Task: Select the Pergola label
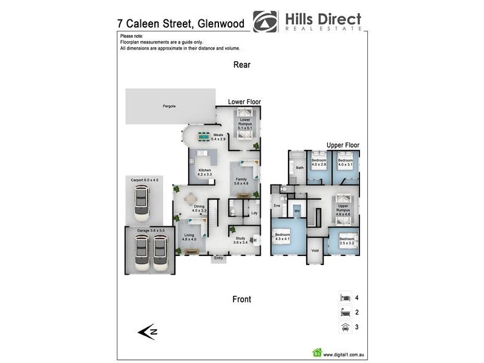(169, 106)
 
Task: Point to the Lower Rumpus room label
(245, 124)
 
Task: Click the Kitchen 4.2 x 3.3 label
(204, 172)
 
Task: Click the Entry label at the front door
(218, 258)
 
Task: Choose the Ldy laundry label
(254, 212)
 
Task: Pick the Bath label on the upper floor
(299, 168)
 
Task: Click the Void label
(315, 250)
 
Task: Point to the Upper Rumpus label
(343, 210)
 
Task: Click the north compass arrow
(148, 331)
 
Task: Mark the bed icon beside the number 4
(345, 298)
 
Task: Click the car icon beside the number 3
(345, 327)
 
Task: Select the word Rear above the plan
(241, 65)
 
